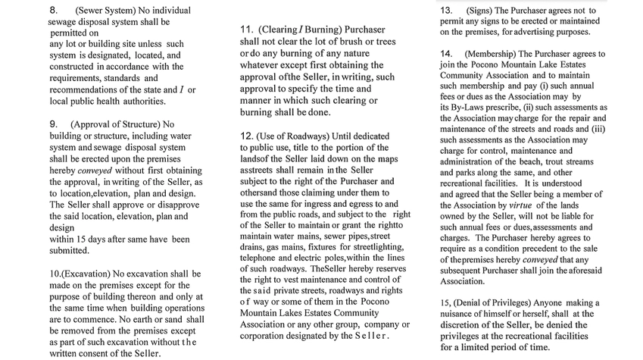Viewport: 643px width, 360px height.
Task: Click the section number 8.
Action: (53, 11)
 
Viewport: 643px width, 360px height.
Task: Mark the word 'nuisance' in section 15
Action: (463, 314)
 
